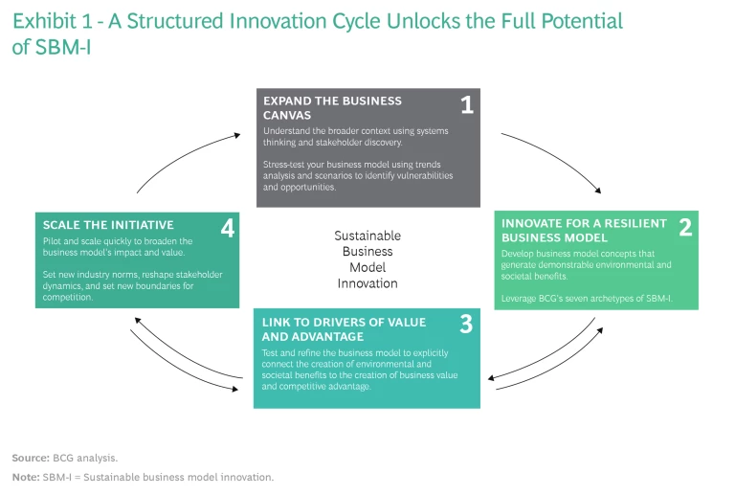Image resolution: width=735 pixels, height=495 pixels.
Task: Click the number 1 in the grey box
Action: point(466,105)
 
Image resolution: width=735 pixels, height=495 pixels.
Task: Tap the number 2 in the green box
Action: point(684,228)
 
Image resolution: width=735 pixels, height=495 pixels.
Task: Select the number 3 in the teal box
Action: point(465,324)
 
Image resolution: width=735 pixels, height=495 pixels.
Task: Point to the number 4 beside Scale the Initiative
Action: point(227,228)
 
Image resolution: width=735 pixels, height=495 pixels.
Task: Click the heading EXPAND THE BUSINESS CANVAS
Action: point(332,107)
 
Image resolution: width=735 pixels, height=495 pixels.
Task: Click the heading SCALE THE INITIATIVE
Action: point(108,225)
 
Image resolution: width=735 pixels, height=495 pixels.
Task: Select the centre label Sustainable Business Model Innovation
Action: point(367,259)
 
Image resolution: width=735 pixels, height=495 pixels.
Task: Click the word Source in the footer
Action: point(30,458)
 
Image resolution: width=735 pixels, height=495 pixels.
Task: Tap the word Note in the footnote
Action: point(25,476)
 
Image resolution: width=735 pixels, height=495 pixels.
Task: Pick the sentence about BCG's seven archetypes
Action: point(586,299)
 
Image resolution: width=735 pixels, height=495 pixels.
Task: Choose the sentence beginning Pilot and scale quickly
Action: point(118,247)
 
